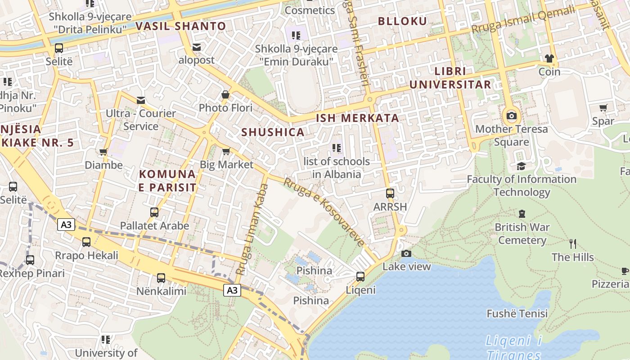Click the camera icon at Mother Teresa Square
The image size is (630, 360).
pyautogui.click(x=511, y=116)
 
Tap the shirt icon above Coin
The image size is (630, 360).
pyautogui.click(x=549, y=58)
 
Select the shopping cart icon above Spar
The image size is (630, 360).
pyautogui.click(x=603, y=108)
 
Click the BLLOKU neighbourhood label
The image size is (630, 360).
pyautogui.click(x=402, y=21)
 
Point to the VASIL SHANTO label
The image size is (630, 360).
pyautogui.click(x=180, y=26)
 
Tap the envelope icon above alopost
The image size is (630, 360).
pyautogui.click(x=197, y=47)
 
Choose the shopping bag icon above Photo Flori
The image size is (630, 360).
pyautogui.click(x=225, y=94)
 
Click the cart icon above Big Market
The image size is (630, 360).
pyautogui.click(x=226, y=151)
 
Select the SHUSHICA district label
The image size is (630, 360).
pyautogui.click(x=273, y=132)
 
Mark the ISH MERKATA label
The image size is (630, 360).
pyautogui.click(x=357, y=118)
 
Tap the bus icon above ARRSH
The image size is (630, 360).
pyautogui.click(x=390, y=193)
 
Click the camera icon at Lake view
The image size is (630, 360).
pyautogui.click(x=406, y=253)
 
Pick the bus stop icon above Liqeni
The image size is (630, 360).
pyautogui.click(x=360, y=276)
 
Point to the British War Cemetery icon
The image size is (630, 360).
pyautogui.click(x=522, y=213)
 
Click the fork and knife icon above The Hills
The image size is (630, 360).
pyautogui.click(x=572, y=244)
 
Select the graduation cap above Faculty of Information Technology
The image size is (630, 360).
pyautogui.click(x=521, y=166)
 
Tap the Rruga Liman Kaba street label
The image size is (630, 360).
pyautogui.click(x=252, y=229)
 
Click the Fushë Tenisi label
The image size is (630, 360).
pyautogui.click(x=517, y=314)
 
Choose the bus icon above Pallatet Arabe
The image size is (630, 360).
pyautogui.click(x=154, y=212)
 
